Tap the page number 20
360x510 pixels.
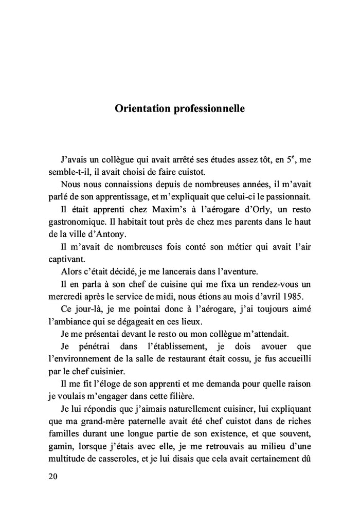[52, 476]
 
